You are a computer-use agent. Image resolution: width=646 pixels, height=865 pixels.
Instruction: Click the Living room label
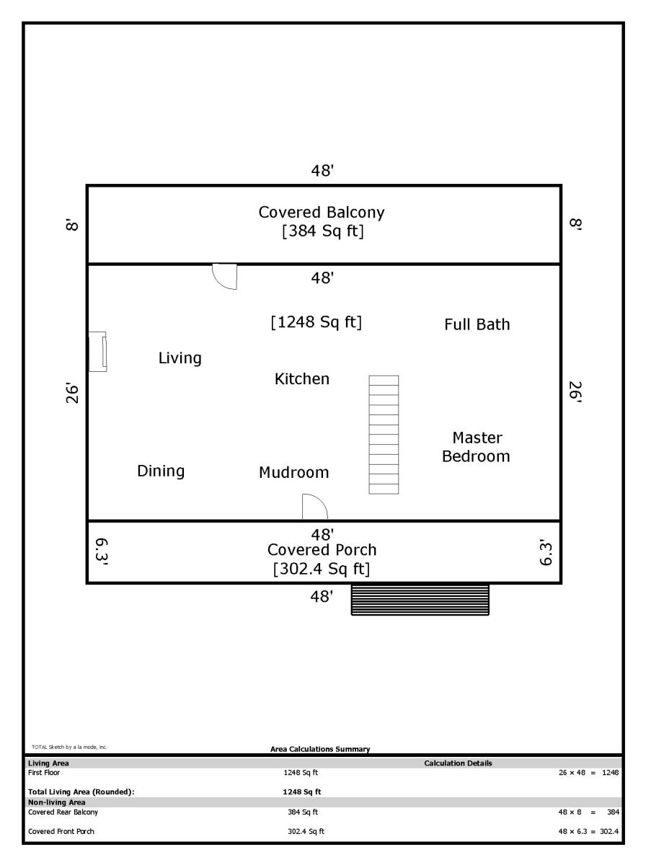tap(180, 358)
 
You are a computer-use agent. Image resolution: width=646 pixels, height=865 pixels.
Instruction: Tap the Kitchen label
tap(302, 379)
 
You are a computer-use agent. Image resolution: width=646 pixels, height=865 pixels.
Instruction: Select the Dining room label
tap(161, 471)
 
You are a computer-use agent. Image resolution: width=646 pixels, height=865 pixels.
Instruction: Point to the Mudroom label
tap(293, 472)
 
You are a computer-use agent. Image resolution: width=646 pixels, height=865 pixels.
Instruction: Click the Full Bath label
tap(477, 324)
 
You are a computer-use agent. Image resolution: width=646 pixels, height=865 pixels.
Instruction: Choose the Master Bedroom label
tap(476, 448)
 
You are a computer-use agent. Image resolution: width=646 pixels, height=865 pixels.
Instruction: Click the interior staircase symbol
tap(384, 435)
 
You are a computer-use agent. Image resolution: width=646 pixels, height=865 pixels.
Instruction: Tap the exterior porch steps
tap(420, 600)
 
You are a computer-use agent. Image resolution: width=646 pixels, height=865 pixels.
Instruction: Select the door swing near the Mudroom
tap(315, 507)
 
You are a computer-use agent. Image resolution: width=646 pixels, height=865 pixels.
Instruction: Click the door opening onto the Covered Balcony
tap(225, 277)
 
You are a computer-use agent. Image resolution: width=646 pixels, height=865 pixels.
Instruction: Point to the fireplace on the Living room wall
tap(97, 352)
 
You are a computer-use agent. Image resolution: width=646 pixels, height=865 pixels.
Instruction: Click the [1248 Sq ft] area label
tap(316, 322)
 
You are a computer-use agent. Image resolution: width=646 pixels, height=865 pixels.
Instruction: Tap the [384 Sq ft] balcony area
tap(323, 231)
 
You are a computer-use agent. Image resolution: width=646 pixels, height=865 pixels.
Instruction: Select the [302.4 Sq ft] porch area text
tap(322, 569)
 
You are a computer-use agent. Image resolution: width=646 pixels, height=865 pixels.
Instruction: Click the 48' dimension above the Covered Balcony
tap(322, 171)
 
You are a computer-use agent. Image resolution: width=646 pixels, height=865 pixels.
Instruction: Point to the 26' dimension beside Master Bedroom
tap(575, 392)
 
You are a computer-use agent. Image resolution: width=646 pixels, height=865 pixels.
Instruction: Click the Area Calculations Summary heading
tap(320, 749)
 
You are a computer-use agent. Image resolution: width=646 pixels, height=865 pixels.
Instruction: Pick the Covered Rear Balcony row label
tap(63, 812)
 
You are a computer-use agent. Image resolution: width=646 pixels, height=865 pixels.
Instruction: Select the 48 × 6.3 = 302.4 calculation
tap(588, 832)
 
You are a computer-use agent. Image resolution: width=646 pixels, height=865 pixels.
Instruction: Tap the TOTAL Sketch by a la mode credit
tap(69, 747)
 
